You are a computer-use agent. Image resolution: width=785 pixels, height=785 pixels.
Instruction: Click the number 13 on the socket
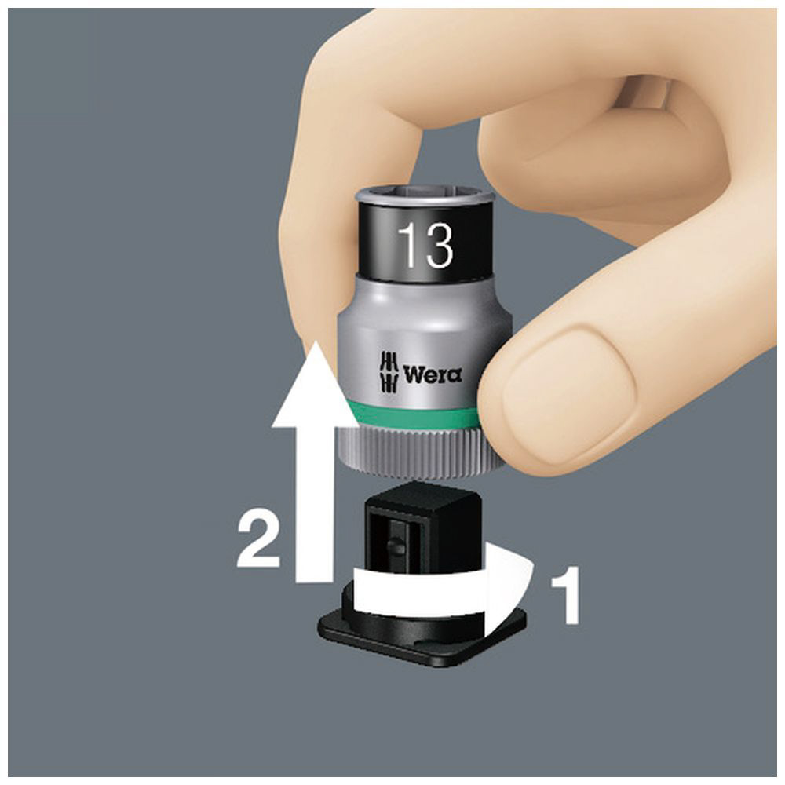pyautogui.click(x=425, y=245)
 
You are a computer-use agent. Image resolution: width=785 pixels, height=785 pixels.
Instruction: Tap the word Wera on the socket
pyautogui.click(x=433, y=374)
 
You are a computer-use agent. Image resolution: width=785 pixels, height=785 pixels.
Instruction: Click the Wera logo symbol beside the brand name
pyautogui.click(x=389, y=371)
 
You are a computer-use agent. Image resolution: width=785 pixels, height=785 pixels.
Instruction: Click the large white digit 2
pyautogui.click(x=258, y=539)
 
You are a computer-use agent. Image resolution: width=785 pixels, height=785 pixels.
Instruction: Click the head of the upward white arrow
pyautogui.click(x=315, y=385)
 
